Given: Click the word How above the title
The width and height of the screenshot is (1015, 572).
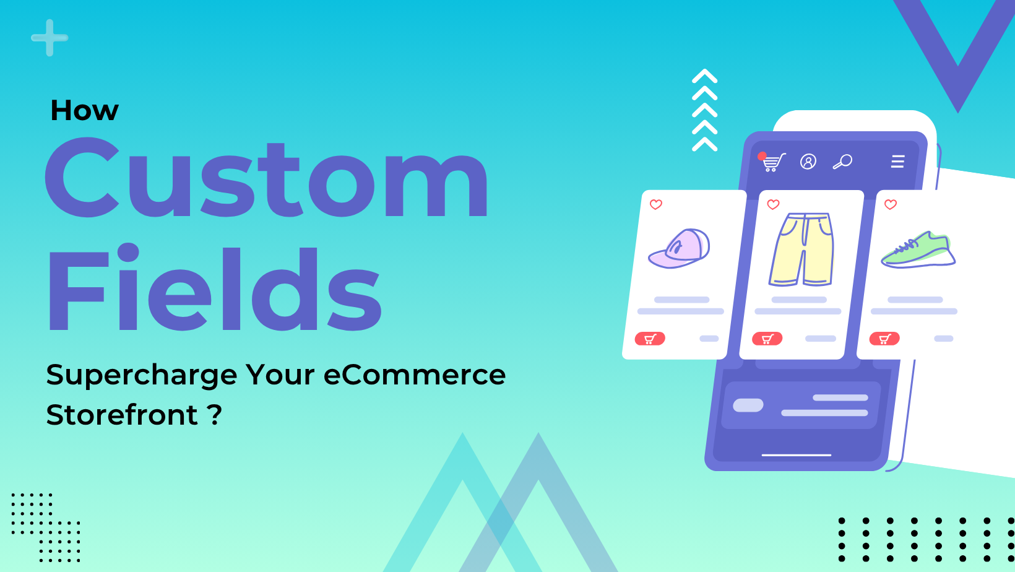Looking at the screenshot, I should (x=84, y=111).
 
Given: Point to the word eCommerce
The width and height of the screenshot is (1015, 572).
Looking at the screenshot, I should (x=414, y=375).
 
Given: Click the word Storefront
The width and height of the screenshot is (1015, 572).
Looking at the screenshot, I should (x=122, y=415).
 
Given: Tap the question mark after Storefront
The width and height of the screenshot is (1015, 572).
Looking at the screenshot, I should (x=215, y=414).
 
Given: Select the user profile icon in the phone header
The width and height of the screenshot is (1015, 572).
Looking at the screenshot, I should (x=808, y=162).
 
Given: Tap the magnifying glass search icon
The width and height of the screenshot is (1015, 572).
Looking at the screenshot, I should (x=842, y=162).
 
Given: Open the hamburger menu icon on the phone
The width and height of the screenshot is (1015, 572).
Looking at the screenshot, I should (x=897, y=162).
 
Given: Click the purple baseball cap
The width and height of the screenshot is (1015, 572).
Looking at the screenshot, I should (x=680, y=248).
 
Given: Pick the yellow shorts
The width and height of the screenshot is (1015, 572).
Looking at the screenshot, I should (x=801, y=249).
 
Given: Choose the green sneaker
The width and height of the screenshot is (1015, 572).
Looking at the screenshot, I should (x=918, y=250).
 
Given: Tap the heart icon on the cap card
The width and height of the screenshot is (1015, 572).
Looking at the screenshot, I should (x=656, y=204).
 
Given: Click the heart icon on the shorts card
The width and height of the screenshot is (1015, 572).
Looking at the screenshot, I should (x=773, y=204).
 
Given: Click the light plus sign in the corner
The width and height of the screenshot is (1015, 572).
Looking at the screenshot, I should (x=50, y=38).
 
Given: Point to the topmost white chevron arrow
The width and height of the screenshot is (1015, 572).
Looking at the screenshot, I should (x=704, y=76).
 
